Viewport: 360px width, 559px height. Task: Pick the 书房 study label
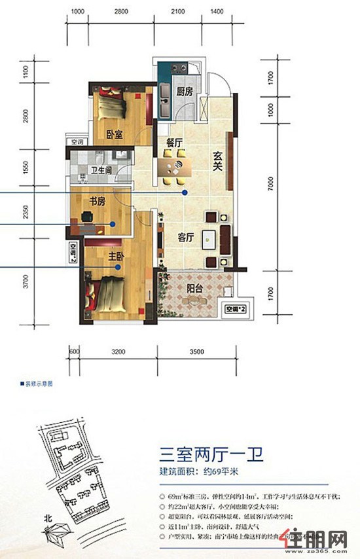pos(98,202)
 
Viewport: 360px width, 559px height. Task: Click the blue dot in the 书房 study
pos(113,224)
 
